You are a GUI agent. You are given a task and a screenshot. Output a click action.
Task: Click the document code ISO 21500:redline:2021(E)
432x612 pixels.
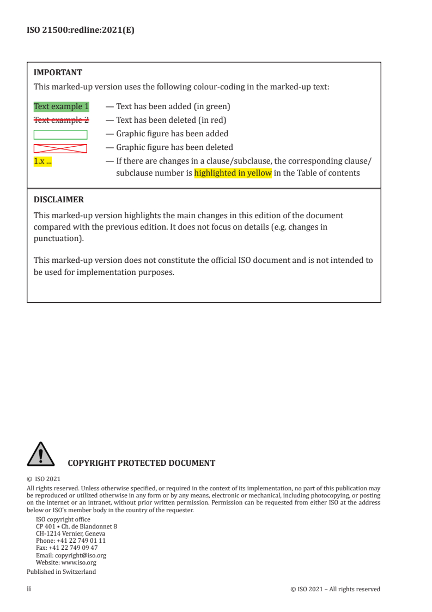point(80,31)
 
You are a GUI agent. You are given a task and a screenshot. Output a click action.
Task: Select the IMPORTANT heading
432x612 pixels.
point(58,72)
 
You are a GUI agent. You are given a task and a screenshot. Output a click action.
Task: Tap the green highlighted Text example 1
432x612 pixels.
point(61,106)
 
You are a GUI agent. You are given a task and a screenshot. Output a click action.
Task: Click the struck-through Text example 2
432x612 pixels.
point(61,120)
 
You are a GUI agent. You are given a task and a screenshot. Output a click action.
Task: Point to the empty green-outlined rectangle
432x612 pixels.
point(60,134)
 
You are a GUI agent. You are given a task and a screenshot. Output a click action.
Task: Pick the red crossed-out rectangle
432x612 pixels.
point(60,148)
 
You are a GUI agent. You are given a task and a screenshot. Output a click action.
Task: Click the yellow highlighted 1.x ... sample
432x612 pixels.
point(43,161)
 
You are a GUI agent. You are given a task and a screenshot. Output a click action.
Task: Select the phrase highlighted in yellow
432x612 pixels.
point(233,173)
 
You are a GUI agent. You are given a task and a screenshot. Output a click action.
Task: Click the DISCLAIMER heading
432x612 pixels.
point(59,200)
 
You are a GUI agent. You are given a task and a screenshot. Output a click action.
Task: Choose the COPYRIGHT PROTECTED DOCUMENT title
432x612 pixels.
point(141,464)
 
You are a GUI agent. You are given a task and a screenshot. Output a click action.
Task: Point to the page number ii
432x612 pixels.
point(29,589)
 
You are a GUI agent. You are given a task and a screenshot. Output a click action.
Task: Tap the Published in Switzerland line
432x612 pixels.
point(61,572)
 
